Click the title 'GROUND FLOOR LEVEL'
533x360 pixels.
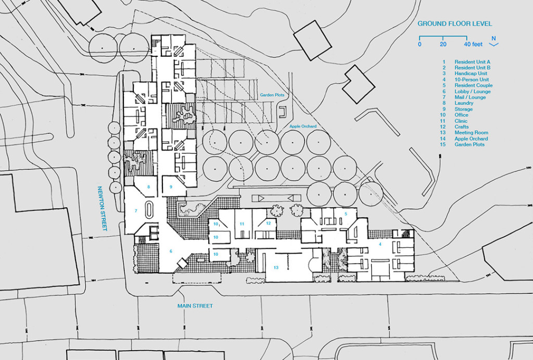point(454,24)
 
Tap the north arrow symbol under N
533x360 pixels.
point(494,45)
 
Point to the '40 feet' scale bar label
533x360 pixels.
point(473,45)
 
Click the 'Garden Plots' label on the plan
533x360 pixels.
point(272,95)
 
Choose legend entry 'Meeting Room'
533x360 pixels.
point(471,133)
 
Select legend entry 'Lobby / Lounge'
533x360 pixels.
point(472,91)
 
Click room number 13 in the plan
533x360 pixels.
point(276,267)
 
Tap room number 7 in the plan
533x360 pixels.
point(135,211)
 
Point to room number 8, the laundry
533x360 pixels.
point(148,187)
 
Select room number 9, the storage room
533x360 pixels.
point(170,187)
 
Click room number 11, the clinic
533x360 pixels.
point(242,224)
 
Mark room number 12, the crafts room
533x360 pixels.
point(268,223)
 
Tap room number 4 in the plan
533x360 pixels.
point(379,244)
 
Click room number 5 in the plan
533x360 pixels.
point(345,214)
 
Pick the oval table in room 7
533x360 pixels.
point(149,210)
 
